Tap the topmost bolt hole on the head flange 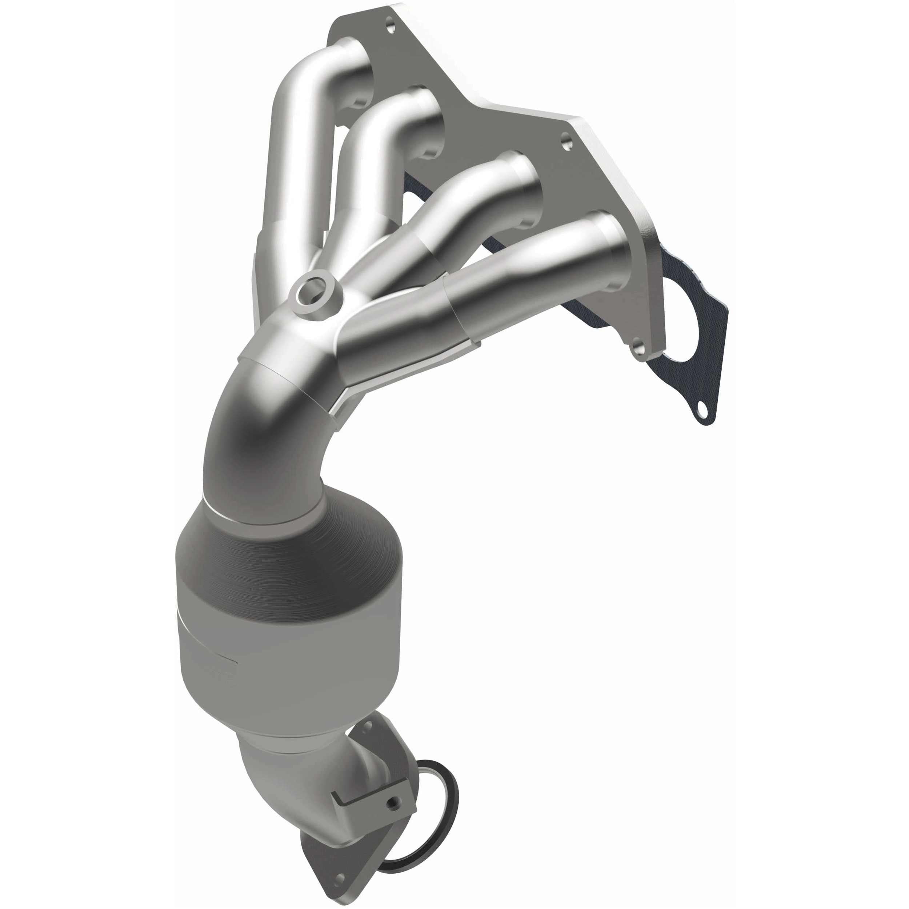point(389,23)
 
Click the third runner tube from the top point(480,197)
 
